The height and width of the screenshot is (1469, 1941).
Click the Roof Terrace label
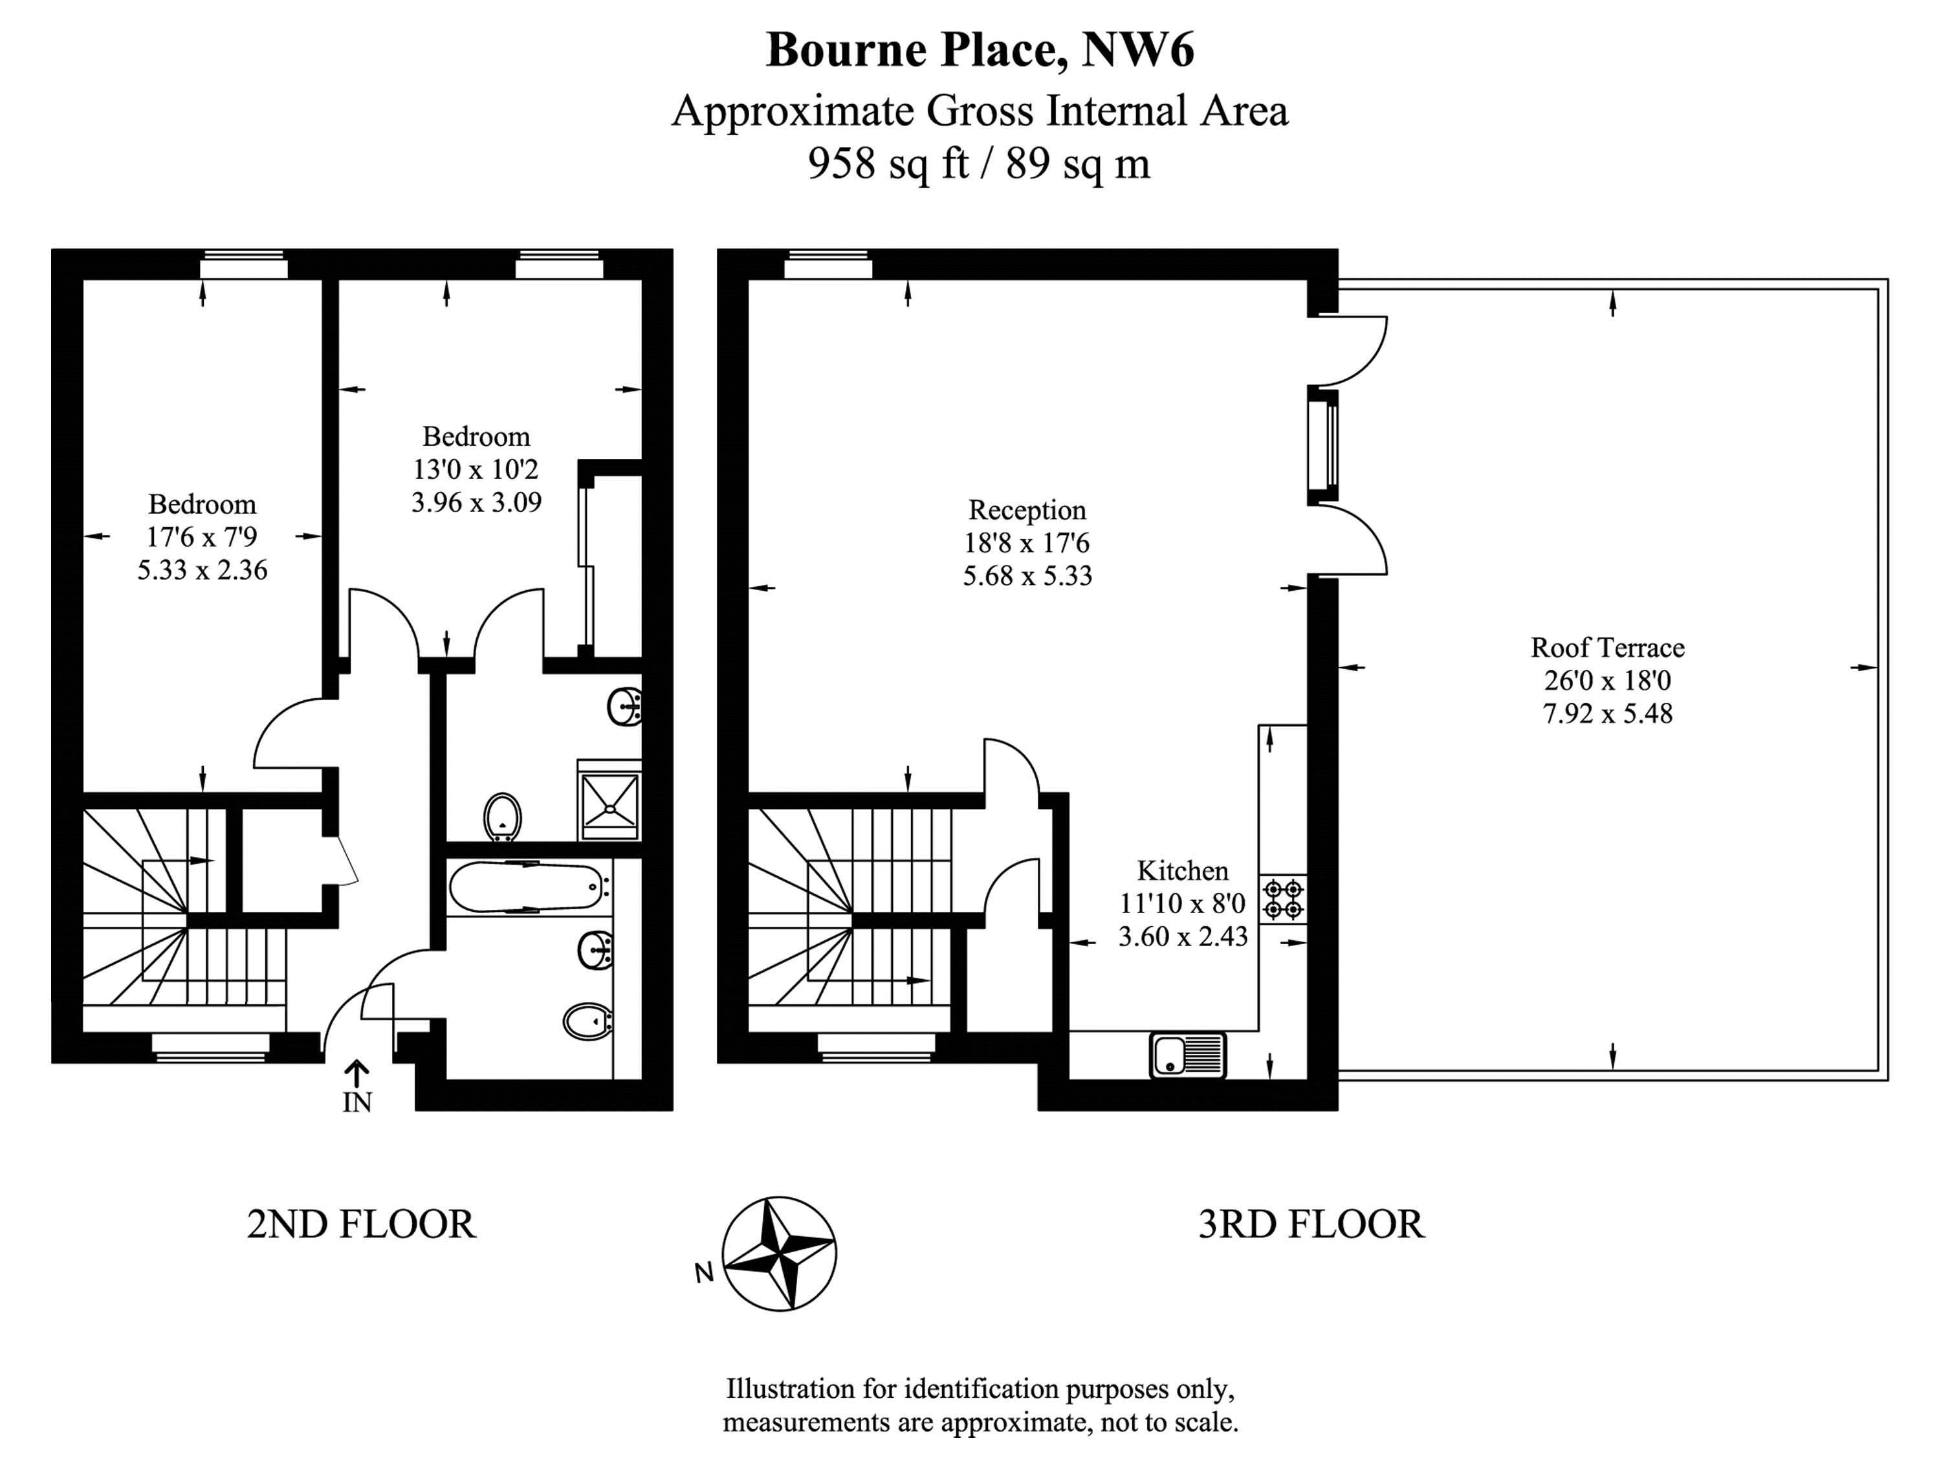1608,648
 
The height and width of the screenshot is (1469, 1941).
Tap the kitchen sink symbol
1187,1055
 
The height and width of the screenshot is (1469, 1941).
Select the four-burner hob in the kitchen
1283,900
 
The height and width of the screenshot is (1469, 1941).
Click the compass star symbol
779,1254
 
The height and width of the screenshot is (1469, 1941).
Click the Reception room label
1027,510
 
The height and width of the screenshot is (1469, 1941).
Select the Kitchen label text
1183,870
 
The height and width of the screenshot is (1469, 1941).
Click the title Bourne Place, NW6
980,50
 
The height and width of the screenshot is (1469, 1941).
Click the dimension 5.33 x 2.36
203,570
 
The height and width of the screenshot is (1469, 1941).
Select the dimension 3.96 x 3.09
476,503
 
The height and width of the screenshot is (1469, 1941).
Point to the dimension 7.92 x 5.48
1608,713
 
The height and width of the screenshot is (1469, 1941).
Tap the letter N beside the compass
704,1272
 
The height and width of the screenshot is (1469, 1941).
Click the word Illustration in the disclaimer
791,1389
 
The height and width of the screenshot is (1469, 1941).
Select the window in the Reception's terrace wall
1323,445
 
